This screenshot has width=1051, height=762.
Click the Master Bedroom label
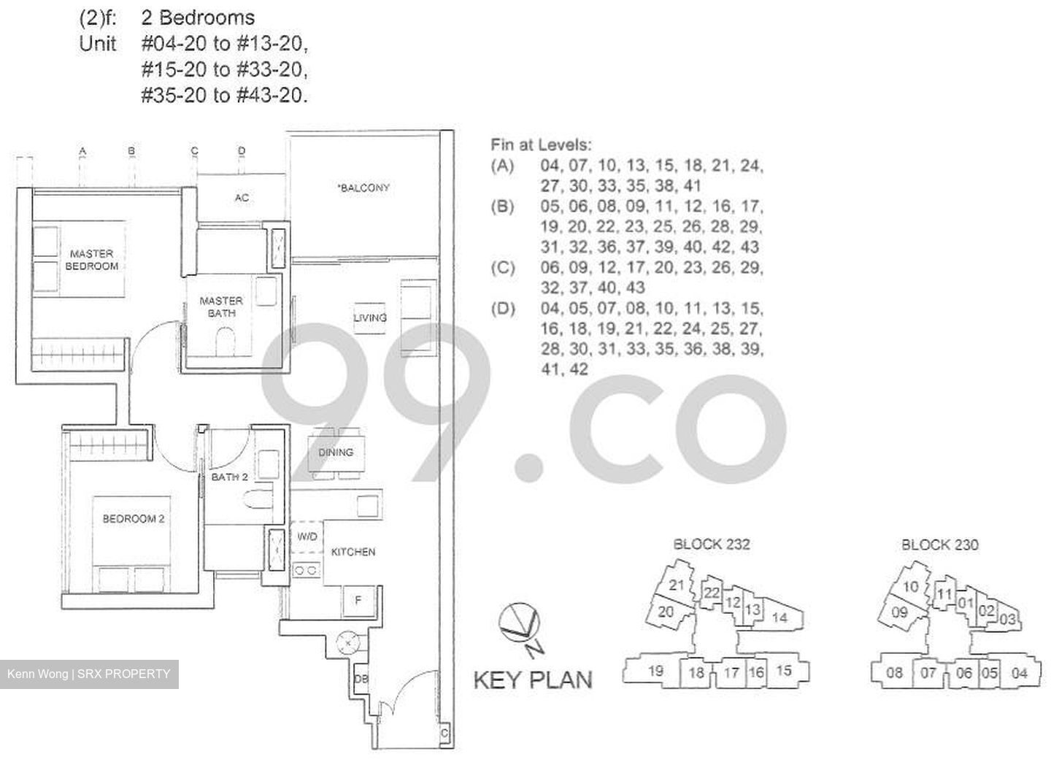(91, 260)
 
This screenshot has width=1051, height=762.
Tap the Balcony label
(363, 188)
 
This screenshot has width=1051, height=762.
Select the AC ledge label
(242, 198)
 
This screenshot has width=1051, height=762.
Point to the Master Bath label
(221, 307)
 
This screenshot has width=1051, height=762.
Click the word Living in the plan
(370, 317)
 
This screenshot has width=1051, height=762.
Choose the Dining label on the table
(336, 453)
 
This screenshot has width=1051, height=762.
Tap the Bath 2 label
(229, 477)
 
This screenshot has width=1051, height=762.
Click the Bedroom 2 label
(134, 518)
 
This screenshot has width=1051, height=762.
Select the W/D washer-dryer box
(307, 536)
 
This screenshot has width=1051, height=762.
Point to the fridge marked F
(359, 601)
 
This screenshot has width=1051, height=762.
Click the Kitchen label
(353, 552)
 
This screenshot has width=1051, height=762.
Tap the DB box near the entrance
(361, 679)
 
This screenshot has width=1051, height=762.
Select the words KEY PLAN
(533, 680)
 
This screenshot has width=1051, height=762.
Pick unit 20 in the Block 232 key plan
(666, 612)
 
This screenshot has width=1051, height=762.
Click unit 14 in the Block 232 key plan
(779, 617)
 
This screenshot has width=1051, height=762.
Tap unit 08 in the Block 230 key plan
(894, 673)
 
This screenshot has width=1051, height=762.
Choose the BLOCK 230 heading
(940, 544)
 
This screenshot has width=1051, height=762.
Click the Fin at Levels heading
(541, 145)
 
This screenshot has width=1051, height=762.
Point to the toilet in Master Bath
(226, 341)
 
